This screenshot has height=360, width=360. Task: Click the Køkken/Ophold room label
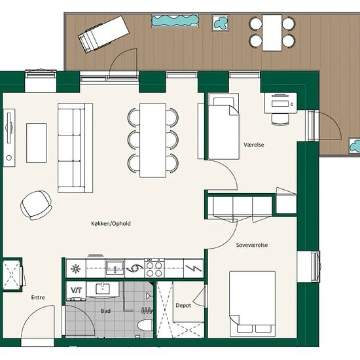point(111,223)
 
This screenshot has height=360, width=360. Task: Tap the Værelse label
point(254,145)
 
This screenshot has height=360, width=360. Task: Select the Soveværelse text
point(252,245)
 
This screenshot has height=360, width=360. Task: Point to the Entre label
point(38,297)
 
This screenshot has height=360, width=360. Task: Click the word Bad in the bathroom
point(105,311)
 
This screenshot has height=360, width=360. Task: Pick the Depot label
point(183,306)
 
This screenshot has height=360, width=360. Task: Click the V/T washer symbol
point(76,291)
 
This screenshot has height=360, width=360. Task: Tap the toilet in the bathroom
point(145,325)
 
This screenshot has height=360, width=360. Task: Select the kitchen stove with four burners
point(154,268)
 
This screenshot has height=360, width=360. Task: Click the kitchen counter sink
point(115,268)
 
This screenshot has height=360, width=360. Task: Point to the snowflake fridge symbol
point(75,268)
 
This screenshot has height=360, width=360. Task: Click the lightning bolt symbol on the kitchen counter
point(193,268)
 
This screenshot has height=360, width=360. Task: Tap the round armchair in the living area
point(36,205)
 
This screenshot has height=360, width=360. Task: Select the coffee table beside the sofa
point(37,143)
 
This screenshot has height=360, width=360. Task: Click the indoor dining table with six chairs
point(153,140)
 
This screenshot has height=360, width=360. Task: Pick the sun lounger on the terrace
point(104,34)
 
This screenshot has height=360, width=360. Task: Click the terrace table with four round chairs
point(272,33)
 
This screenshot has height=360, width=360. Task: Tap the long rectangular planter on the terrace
point(175,21)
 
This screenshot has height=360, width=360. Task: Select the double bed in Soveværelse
point(252,302)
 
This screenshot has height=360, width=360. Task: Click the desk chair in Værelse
point(280,119)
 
